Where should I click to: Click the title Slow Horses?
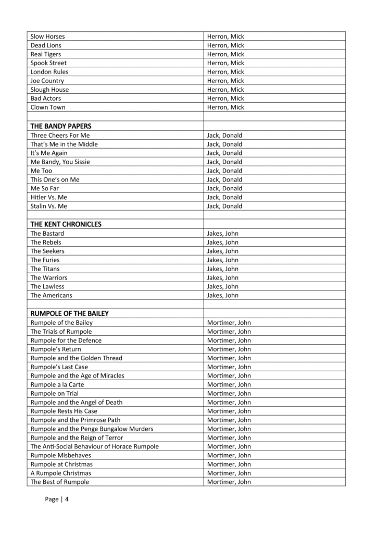coord(48,37)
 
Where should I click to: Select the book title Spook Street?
coord(48,63)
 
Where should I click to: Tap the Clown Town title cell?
coord(48,107)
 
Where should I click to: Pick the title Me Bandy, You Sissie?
coord(60,162)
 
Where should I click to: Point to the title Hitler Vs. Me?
coord(49,197)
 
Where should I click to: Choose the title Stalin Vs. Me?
coord(49,206)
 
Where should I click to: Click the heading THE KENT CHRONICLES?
coord(66,224)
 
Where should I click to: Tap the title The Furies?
coord(45,260)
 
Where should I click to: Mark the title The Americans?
coord(52,295)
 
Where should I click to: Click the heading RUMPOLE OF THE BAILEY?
coord(69,313)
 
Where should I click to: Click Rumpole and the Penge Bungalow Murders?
coord(92,429)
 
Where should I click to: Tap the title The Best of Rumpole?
coord(60,482)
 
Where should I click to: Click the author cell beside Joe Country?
coord(225,81)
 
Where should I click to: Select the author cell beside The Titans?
coord(223,269)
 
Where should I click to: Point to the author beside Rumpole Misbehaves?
coord(229,455)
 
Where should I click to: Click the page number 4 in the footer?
coord(67,499)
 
